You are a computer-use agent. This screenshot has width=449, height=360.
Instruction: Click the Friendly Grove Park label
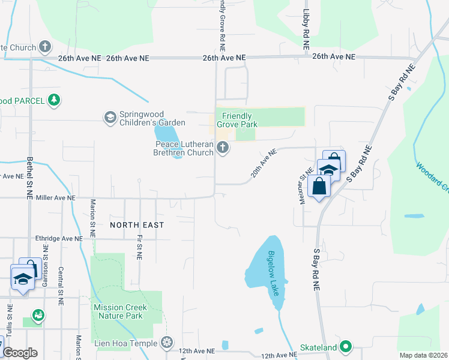pos(240,120)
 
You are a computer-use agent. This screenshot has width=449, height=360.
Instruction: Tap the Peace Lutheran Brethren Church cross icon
pos(223,148)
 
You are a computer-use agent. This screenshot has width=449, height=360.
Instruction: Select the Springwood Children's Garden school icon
pos(109,117)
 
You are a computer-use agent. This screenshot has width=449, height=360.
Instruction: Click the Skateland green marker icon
pos(346,347)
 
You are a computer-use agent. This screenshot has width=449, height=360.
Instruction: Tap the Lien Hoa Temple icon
pos(168,343)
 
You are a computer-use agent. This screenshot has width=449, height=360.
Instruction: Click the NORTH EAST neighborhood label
pos(136,224)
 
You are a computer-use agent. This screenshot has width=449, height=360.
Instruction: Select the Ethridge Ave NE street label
pos(59,238)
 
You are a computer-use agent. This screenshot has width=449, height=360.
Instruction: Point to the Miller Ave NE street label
pos(56,197)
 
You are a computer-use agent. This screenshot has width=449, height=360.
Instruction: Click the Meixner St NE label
pos(303,185)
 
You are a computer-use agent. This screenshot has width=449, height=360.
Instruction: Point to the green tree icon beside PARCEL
pos(54,100)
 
